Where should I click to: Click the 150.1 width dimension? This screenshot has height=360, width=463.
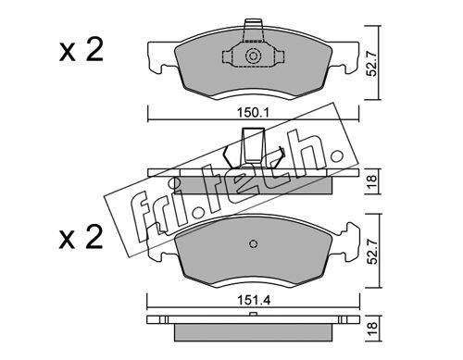tap(253, 113)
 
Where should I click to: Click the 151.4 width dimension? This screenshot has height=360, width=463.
tap(254, 300)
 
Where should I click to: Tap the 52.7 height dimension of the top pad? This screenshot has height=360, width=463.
tap(372, 64)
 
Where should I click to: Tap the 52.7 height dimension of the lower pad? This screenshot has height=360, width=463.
tap(372, 251)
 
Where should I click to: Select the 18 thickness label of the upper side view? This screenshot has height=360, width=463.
tap(372, 181)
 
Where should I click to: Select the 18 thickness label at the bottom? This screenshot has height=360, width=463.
tap(372, 328)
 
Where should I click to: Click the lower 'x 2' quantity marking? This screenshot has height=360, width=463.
tap(81, 237)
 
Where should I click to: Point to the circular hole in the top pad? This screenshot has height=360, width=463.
tap(253, 56)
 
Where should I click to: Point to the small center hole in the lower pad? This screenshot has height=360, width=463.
tap(253, 243)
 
